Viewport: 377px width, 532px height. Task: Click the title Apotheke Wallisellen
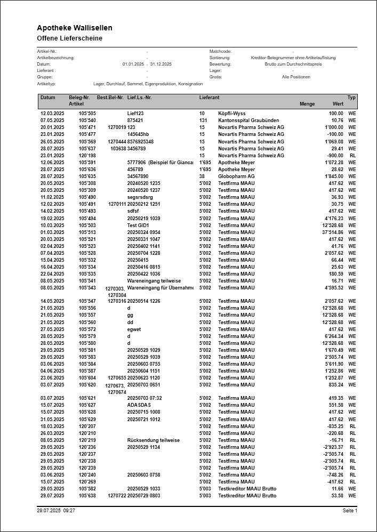[75, 28]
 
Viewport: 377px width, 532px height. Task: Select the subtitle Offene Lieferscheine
[69, 38]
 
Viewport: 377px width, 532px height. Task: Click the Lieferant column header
[209, 98]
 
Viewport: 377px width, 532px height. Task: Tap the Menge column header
[307, 104]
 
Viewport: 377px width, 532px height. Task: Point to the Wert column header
[338, 104]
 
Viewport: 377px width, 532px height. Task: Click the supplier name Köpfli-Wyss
[234, 114]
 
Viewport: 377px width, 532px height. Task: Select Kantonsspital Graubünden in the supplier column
[248, 120]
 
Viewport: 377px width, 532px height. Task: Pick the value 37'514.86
[332, 232]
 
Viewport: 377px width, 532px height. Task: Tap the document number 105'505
[87, 114]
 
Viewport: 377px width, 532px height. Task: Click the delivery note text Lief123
[135, 114]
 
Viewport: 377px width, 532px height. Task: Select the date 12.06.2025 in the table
[52, 162]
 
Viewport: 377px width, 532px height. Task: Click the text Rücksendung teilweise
[153, 440]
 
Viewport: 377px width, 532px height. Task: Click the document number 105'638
[87, 496]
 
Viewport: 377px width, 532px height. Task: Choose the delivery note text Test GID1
[138, 225]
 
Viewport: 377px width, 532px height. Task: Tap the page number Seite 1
[350, 511]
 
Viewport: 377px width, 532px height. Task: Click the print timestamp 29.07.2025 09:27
[56, 511]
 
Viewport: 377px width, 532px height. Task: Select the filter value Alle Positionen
[296, 77]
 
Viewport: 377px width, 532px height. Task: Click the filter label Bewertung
[220, 64]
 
